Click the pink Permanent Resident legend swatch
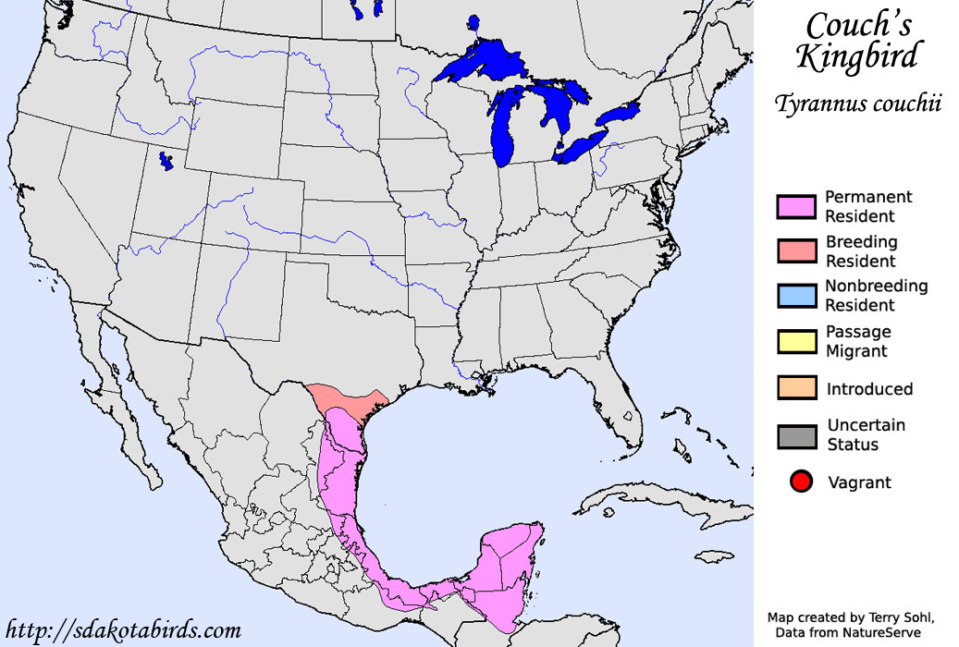795,207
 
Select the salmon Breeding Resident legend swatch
795,251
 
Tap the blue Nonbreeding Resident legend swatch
795,296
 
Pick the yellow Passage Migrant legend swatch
795,341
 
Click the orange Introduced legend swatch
795,388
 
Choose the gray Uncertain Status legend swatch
795,435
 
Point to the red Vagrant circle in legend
801,482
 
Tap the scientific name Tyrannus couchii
859,104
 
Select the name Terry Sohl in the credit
892,616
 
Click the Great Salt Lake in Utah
166,162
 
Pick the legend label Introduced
869,389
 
